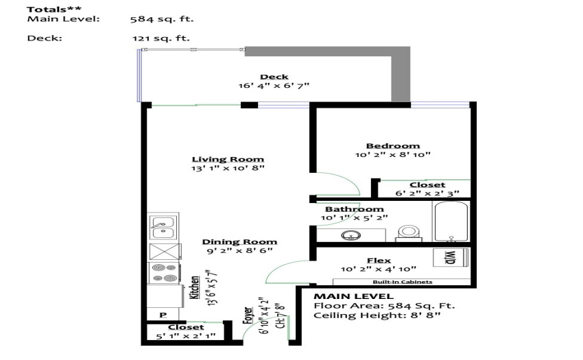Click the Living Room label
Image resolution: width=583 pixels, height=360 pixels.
(x=228, y=159)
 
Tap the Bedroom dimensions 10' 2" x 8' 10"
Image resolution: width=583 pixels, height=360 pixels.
(x=392, y=155)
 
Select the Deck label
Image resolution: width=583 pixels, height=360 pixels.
(x=274, y=77)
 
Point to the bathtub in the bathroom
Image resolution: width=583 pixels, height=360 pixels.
(x=451, y=221)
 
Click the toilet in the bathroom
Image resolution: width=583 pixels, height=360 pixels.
(x=408, y=234)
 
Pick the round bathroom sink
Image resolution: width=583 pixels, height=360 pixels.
(x=351, y=235)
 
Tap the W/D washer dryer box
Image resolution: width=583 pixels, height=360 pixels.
(x=451, y=257)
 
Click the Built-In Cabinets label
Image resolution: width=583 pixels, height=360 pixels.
(x=403, y=282)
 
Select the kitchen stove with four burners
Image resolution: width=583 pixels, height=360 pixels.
(x=165, y=273)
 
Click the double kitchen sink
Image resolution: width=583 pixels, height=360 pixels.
(x=163, y=227)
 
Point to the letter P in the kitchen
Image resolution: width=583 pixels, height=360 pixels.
(x=163, y=315)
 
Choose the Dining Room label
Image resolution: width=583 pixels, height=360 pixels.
(x=239, y=242)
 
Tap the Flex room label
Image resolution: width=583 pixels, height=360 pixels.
(x=379, y=261)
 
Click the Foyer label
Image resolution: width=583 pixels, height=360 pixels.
(x=248, y=315)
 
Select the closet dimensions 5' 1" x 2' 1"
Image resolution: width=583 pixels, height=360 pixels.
(x=186, y=336)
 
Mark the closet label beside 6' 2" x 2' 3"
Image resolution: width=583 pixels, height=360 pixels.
(x=427, y=185)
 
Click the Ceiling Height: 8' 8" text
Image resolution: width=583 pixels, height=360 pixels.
(x=377, y=315)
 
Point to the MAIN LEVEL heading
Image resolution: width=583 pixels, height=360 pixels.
(x=354, y=296)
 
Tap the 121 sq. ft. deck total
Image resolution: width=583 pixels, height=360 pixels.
(x=161, y=38)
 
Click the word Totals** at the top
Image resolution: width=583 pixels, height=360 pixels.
(x=54, y=10)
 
